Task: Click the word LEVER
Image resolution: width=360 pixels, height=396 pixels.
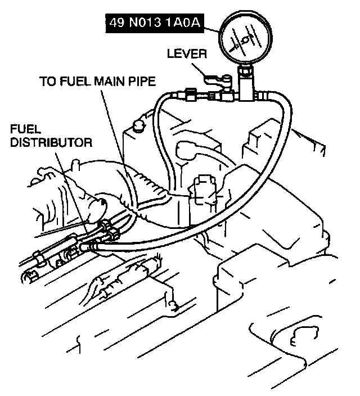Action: [x=188, y=54]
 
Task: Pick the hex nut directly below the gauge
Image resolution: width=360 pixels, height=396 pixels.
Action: [x=246, y=71]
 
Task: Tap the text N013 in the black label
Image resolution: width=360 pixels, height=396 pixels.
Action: [x=147, y=24]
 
